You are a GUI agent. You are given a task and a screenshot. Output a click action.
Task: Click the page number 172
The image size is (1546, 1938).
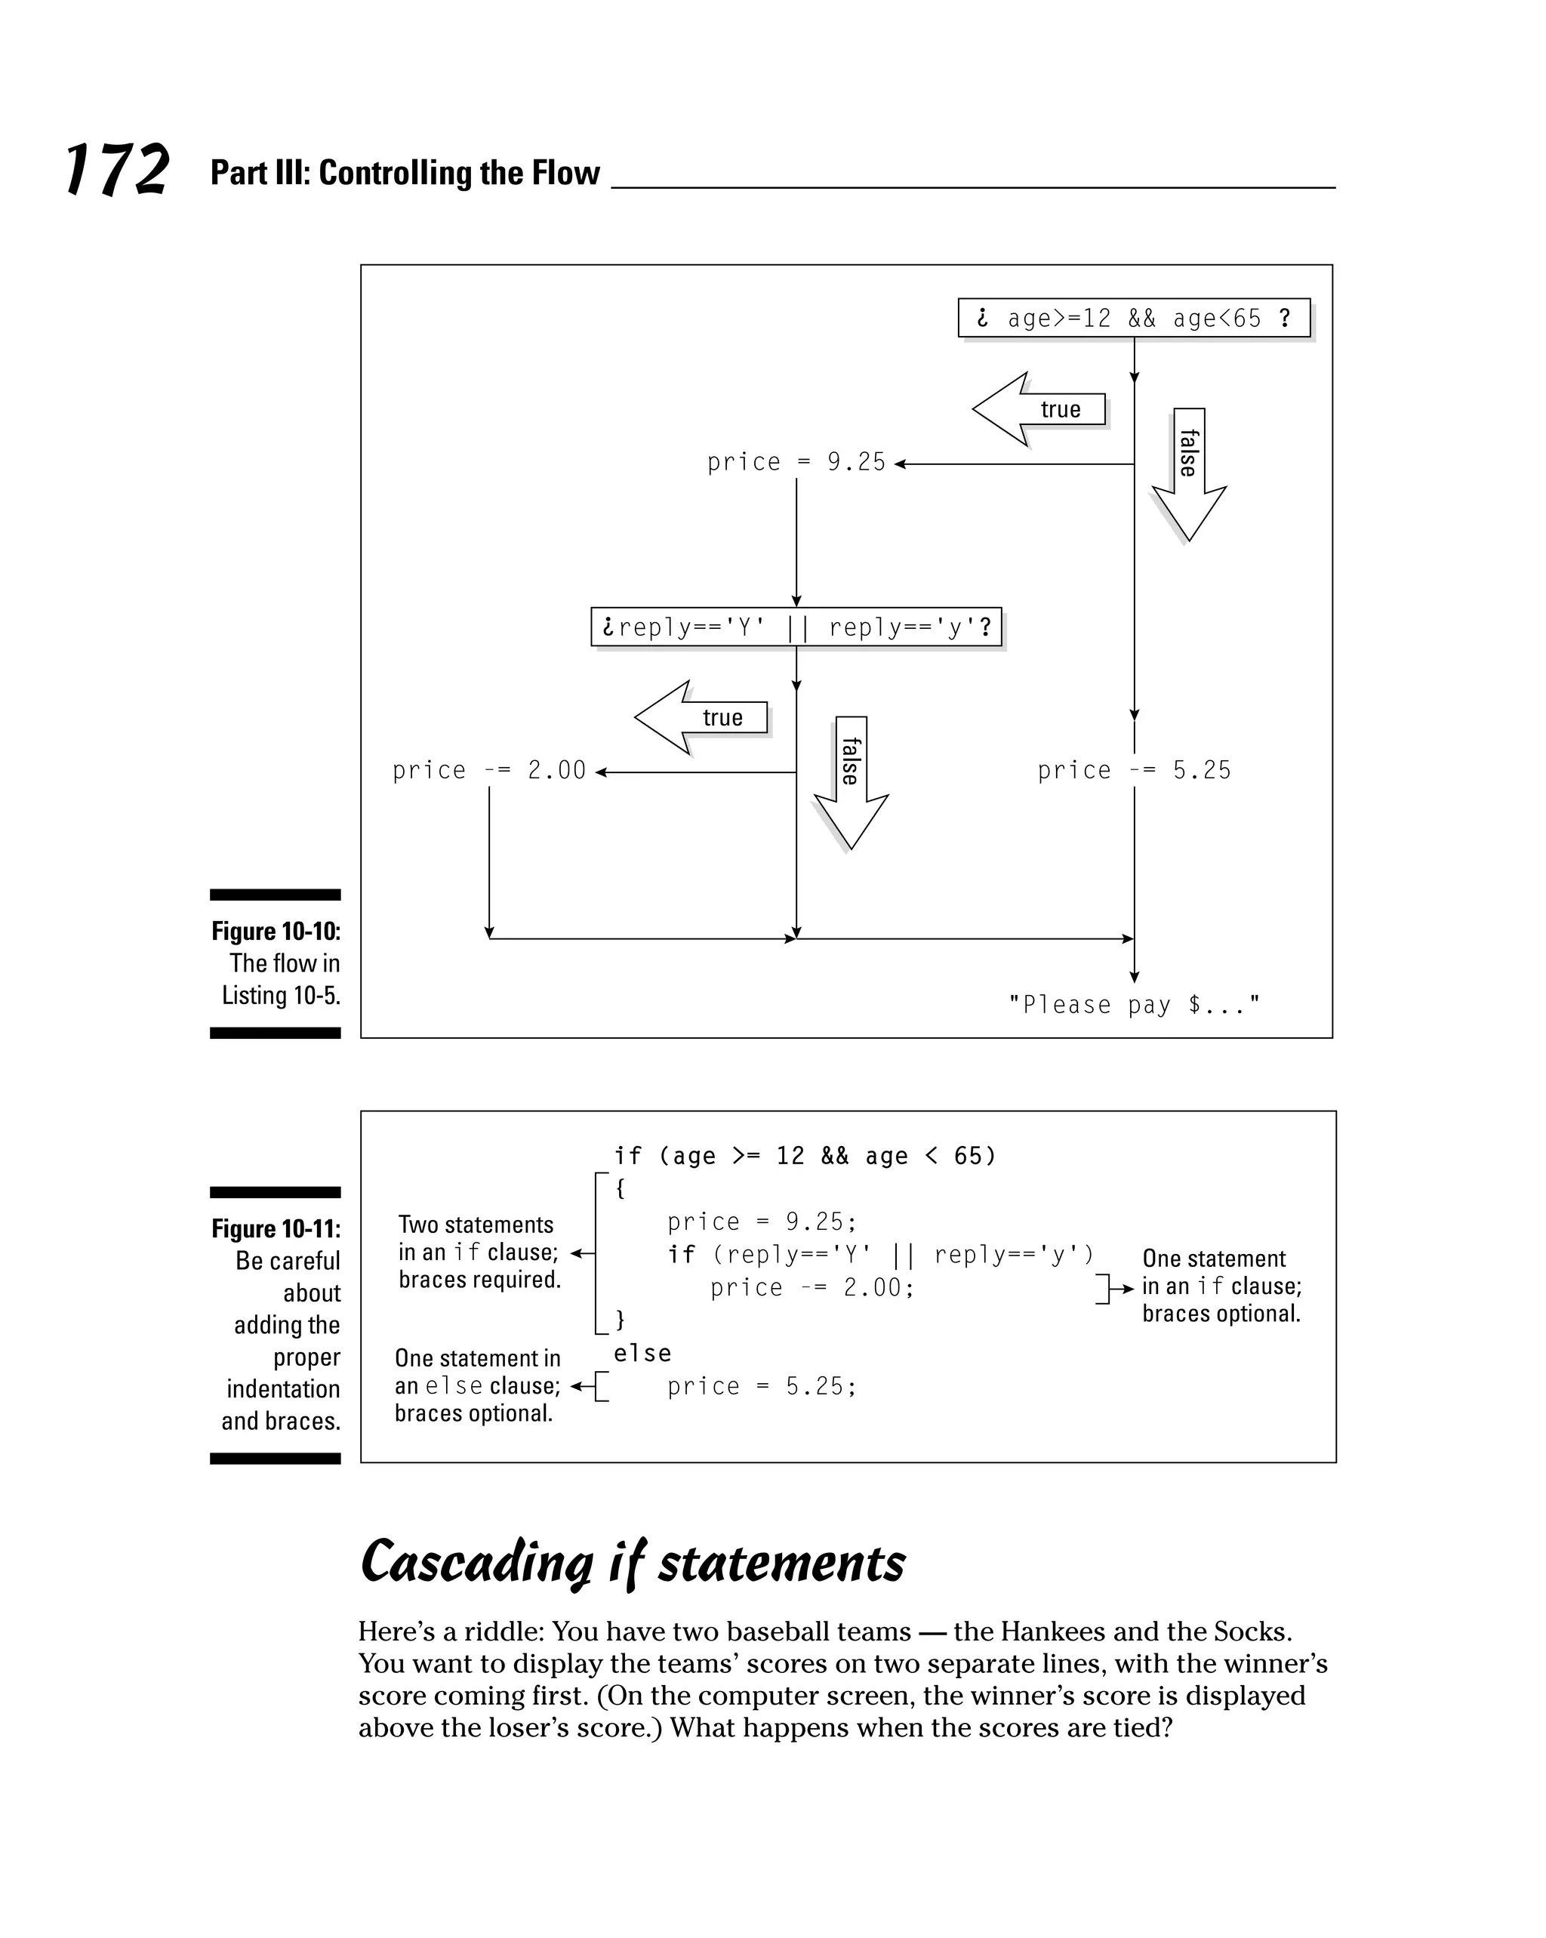click(117, 170)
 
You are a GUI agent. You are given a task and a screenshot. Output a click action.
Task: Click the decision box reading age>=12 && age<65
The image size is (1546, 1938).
click(1133, 318)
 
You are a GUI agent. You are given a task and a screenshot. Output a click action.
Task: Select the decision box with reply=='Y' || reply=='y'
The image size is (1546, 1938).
click(796, 627)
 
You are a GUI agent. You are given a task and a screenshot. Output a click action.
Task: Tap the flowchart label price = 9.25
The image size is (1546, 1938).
click(796, 462)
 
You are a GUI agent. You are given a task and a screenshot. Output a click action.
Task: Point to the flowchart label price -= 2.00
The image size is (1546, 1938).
click(489, 770)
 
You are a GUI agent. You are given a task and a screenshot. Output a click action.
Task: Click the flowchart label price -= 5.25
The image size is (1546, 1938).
click(1133, 770)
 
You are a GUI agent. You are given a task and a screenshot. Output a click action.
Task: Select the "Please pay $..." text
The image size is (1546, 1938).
click(1133, 1004)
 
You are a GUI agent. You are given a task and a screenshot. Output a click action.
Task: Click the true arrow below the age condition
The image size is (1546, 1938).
click(1038, 410)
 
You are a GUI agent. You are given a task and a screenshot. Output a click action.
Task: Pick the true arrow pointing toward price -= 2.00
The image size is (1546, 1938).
click(701, 717)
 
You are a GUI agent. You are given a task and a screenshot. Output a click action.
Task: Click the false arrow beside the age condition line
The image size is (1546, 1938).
click(1188, 472)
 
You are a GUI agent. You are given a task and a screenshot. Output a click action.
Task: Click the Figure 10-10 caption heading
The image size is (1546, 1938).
click(276, 931)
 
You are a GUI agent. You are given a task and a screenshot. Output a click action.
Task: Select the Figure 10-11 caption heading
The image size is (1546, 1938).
click(276, 1229)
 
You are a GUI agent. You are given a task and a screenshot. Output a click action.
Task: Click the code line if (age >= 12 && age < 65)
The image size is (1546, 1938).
click(805, 1156)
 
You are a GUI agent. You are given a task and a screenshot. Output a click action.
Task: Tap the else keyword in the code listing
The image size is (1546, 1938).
click(642, 1354)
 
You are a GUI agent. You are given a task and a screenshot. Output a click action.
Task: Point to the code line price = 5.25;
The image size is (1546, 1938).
click(762, 1386)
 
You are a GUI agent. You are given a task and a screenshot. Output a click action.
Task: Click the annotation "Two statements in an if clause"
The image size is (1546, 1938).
click(479, 1252)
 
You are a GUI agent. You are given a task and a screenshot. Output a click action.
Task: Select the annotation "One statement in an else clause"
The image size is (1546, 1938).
click(476, 1385)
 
